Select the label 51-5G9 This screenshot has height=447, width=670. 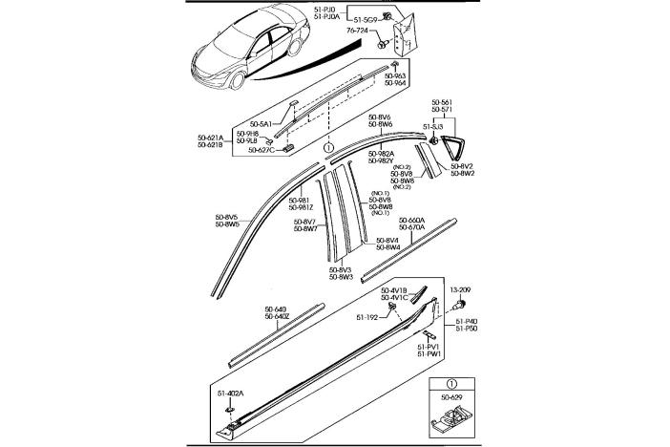coord(367,18)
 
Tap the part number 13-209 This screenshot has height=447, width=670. coord(462,287)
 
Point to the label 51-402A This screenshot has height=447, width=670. coord(229,393)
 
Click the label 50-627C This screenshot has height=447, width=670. coord(261,149)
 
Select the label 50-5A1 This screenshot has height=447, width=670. coord(261,123)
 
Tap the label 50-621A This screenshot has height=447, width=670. coord(211,138)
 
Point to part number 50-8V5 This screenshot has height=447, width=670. coord(227,218)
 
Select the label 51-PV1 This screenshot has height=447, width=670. coord(429,347)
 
